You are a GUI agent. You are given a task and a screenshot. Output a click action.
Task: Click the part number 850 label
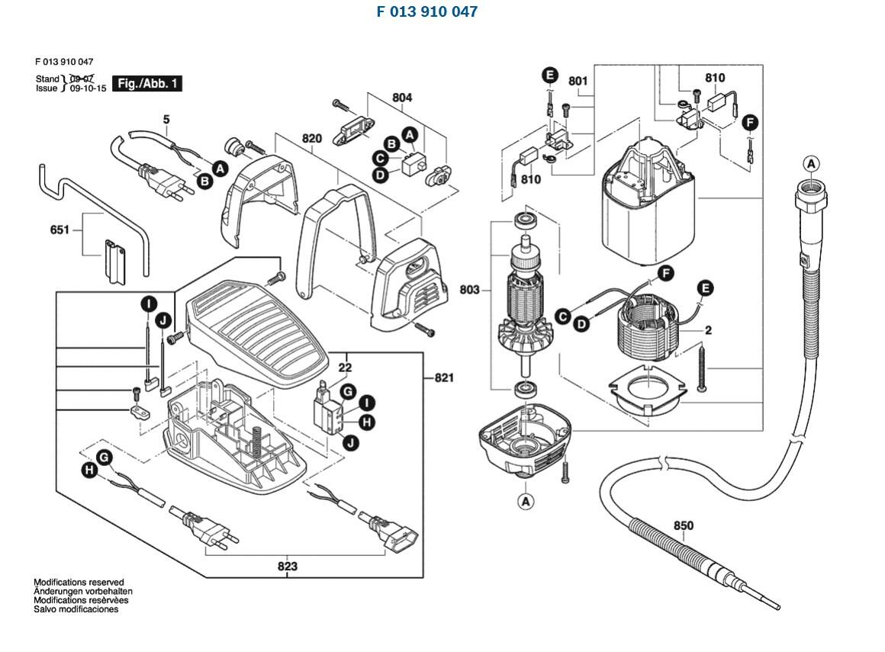pos(683,525)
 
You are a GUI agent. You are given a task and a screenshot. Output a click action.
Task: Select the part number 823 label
pos(288,566)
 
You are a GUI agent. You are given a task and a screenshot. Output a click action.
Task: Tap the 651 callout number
pos(60,230)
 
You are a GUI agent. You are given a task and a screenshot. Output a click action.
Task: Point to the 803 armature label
pos(469,289)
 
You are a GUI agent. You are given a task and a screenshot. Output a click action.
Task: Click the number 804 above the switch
pos(402,98)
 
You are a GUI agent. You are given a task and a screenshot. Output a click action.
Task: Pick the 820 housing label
pos(311,138)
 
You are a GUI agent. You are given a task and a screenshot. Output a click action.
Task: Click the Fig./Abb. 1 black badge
pos(147,83)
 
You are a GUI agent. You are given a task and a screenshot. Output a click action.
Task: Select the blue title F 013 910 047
pos(426,11)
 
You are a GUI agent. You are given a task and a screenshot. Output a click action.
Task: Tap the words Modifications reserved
pos(79,582)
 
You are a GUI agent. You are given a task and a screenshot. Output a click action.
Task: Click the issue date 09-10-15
pos(88,88)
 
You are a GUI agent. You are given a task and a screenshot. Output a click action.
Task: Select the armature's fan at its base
pos(526,336)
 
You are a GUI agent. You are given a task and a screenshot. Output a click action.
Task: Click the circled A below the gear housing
pos(526,501)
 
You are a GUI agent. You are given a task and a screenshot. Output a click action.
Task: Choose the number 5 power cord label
pos(166,120)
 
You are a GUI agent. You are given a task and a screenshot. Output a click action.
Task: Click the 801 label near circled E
pos(578,82)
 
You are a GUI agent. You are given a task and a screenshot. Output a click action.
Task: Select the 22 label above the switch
pos(345,368)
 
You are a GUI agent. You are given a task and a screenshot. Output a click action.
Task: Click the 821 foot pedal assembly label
pos(443,377)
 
